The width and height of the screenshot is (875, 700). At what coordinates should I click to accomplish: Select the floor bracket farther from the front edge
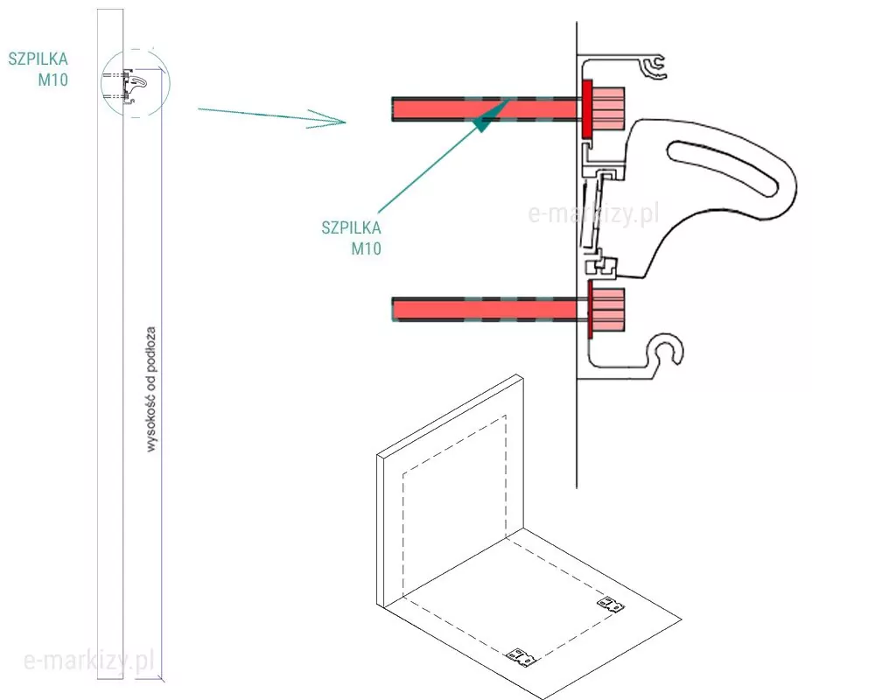coord(610,604)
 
